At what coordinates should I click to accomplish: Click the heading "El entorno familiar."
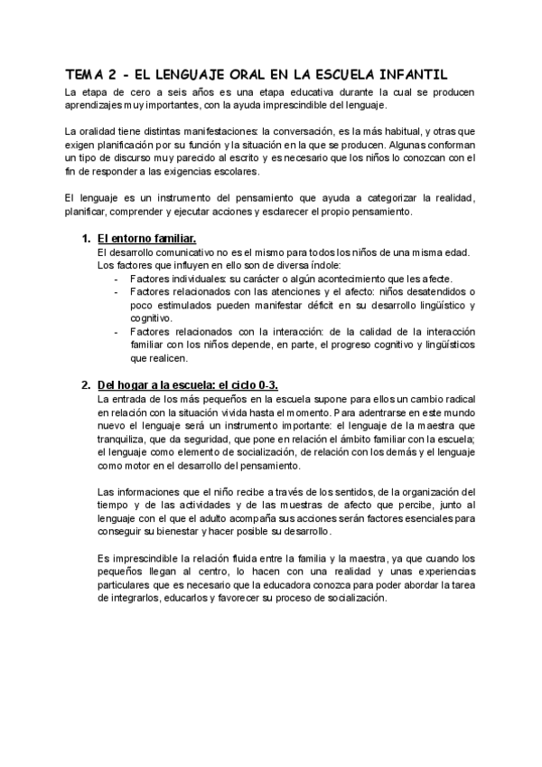pyautogui.click(x=146, y=238)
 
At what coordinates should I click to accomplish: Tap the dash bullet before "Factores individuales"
pyautogui.click(x=116, y=279)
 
